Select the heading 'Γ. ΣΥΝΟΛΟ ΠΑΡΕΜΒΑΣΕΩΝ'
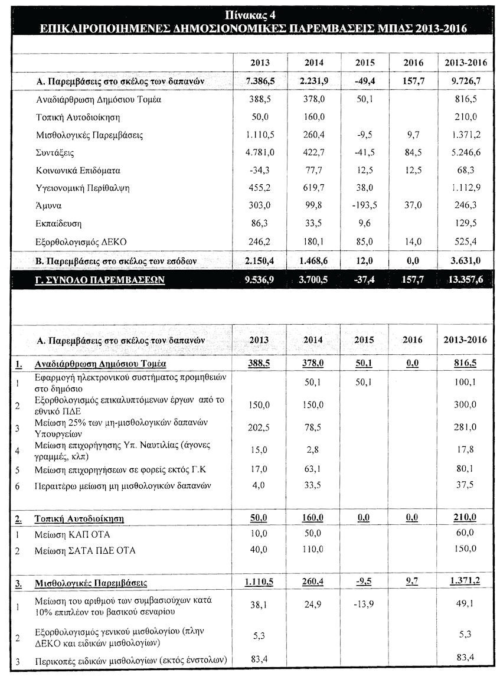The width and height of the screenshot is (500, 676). tap(101, 280)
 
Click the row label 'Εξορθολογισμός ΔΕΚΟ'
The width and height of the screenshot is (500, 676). tap(81, 241)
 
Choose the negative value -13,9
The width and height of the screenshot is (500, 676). tap(366, 605)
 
